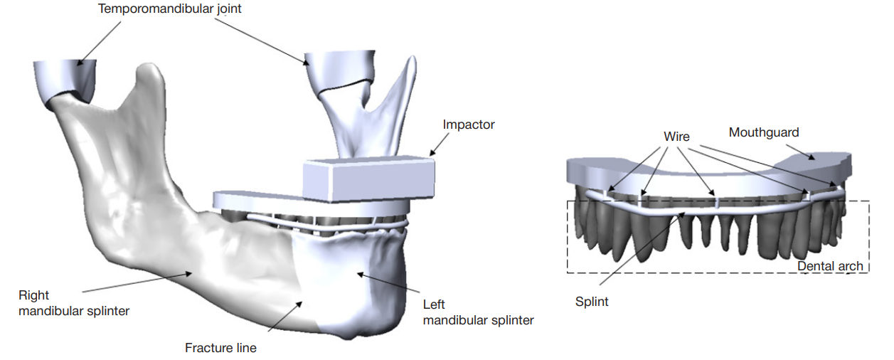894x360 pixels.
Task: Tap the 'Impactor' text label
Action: pos(469,125)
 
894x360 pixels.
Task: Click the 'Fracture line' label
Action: pos(220,348)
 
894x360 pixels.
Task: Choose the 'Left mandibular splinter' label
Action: pos(478,312)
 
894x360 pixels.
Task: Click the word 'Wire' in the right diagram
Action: pos(676,136)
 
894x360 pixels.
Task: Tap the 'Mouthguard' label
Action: pos(764,132)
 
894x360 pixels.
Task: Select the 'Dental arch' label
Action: pos(830,266)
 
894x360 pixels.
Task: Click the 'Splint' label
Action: pos(592,302)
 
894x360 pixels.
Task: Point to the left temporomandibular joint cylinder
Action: pos(65,78)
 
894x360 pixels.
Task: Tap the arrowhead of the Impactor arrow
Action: pos(430,154)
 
